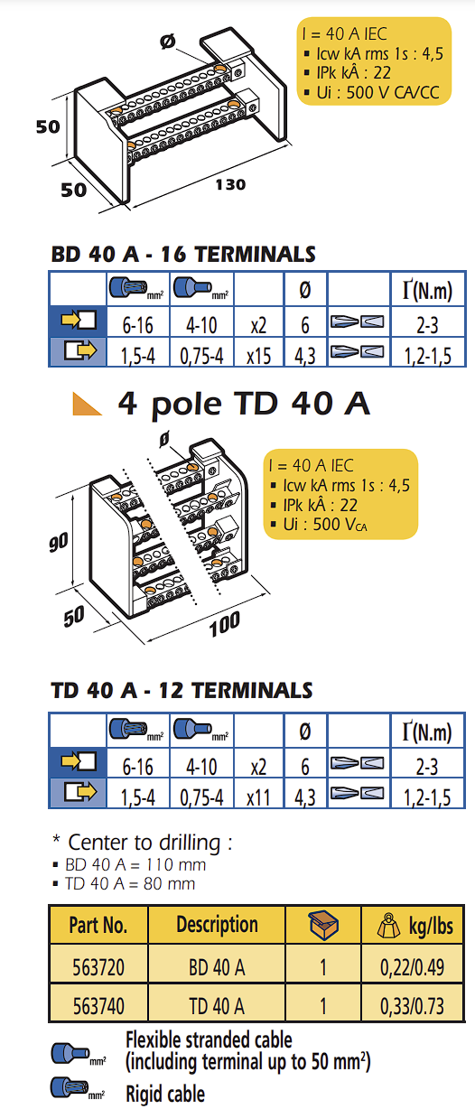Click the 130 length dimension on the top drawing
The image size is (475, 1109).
[x=230, y=184]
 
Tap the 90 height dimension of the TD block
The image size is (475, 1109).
[x=59, y=543]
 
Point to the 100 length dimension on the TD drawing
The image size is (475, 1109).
[x=225, y=624]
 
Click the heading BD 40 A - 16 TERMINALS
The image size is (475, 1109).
[x=183, y=254]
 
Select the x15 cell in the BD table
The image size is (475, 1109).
[x=258, y=355]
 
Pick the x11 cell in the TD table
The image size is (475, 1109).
[x=258, y=797]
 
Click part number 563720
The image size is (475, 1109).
[x=98, y=967]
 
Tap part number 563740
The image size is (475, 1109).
[x=98, y=1005]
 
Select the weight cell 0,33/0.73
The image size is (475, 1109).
[x=412, y=1005]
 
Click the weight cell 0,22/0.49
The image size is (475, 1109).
[x=412, y=967]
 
